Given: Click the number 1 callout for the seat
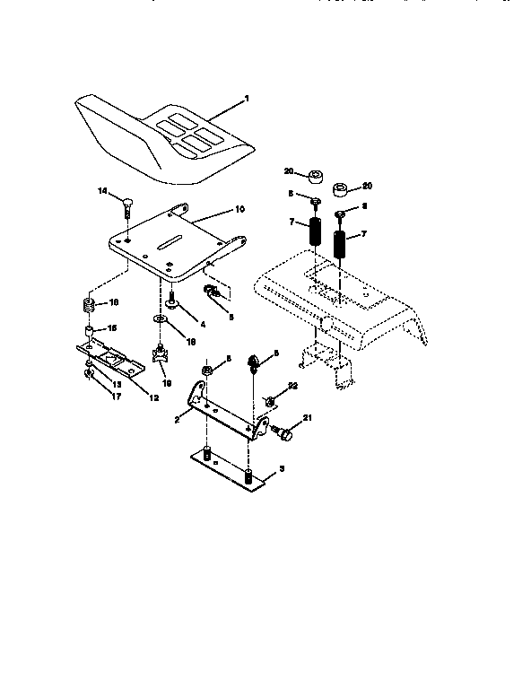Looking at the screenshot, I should point(247,97).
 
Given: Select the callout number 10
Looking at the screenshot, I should point(239,209).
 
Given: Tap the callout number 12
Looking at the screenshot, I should point(153,397).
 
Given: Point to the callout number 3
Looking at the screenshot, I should point(283,469).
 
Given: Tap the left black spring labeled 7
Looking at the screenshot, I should point(315,236).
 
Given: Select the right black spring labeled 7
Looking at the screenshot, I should point(342,245).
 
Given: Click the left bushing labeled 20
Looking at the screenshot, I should point(316,175).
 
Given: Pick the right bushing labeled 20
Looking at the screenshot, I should point(340,190).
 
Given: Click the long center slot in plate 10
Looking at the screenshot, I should point(168,244).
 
